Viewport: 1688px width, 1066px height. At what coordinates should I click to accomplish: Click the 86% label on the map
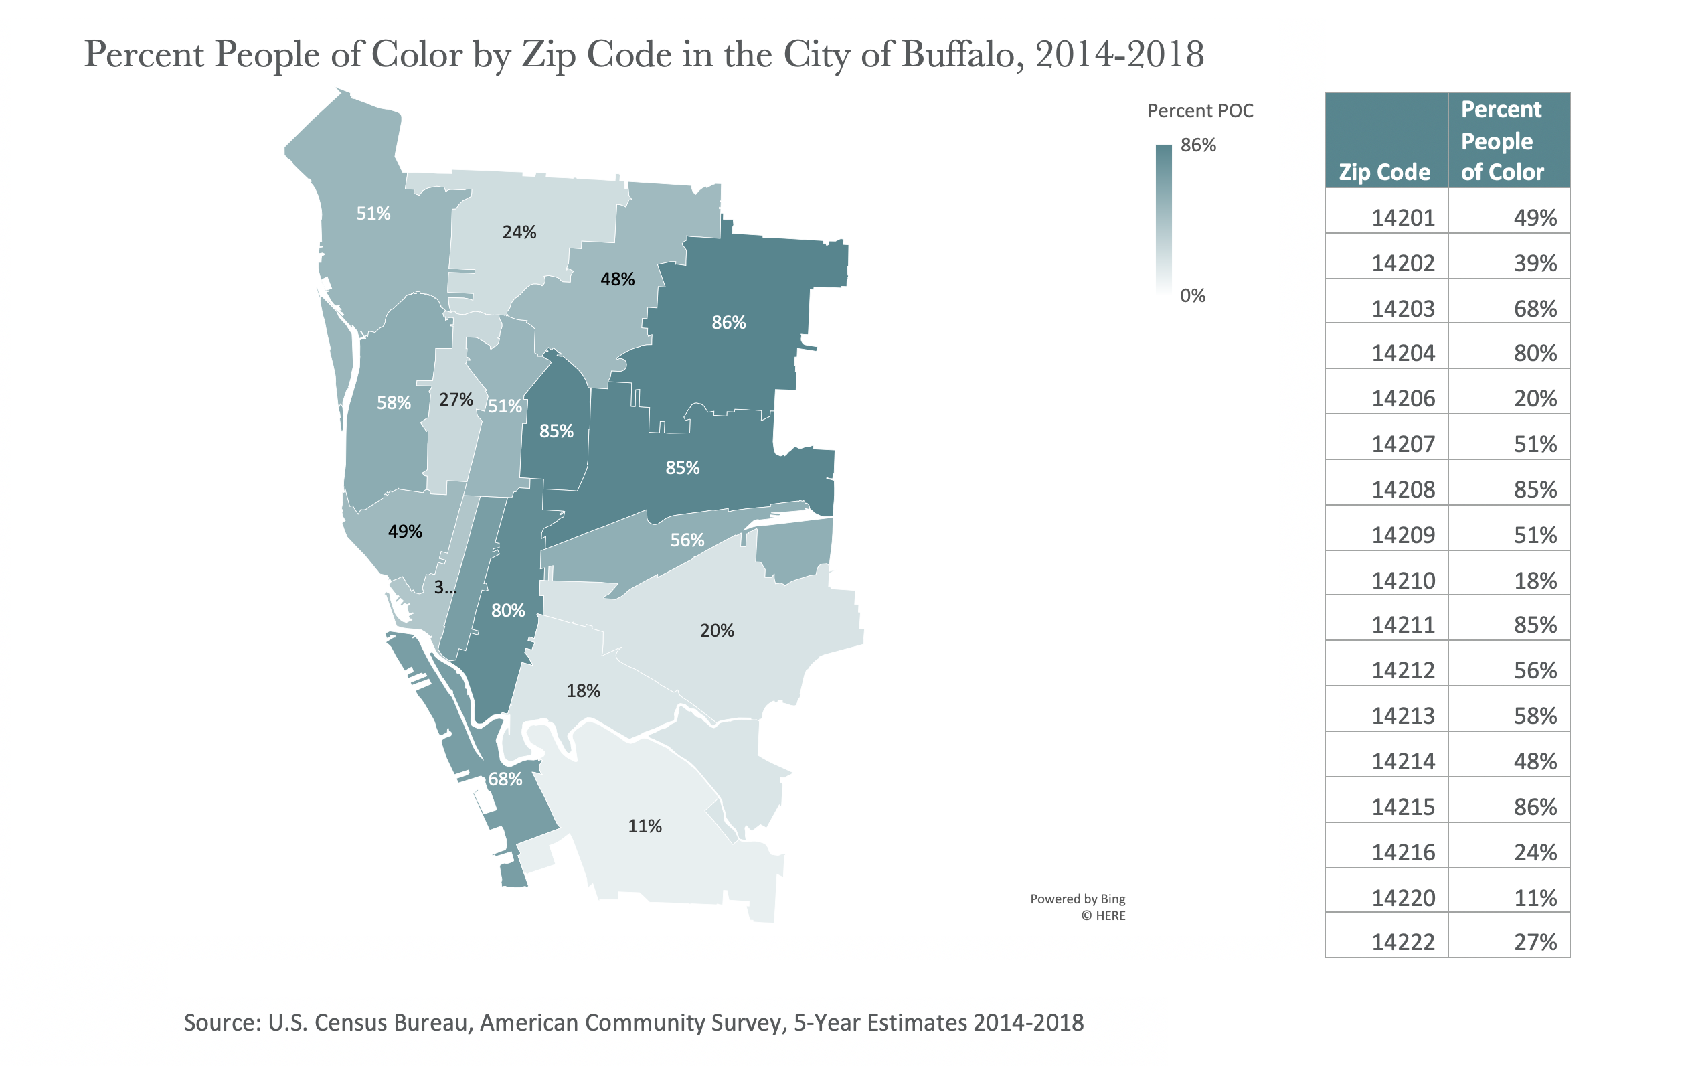(x=728, y=323)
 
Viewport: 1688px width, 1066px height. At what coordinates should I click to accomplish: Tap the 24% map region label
(x=519, y=232)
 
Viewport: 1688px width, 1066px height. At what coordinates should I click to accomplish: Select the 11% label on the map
(x=645, y=826)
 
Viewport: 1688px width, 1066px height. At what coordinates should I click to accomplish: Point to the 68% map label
(x=505, y=779)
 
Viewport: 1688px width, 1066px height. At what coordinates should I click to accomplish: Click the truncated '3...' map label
(x=445, y=587)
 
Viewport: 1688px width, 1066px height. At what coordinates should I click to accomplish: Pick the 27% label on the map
(x=456, y=400)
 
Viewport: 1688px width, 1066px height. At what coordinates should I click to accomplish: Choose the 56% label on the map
(x=687, y=540)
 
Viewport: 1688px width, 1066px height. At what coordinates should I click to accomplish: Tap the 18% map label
(x=583, y=691)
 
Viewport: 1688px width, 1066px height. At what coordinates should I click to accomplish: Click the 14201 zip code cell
(x=1403, y=218)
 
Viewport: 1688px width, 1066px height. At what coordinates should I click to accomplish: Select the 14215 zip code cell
(x=1403, y=808)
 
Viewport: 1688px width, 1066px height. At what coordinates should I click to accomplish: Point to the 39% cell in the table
(x=1535, y=264)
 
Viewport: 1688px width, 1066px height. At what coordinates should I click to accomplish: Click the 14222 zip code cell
(x=1403, y=943)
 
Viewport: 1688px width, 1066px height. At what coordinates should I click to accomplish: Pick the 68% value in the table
(x=1535, y=309)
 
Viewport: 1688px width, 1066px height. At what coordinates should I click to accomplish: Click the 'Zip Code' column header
(x=1385, y=172)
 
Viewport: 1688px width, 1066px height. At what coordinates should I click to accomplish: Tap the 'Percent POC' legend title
(x=1200, y=110)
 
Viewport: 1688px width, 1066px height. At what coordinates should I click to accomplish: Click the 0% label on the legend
(x=1193, y=295)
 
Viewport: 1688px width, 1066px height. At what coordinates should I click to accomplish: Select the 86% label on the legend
(x=1198, y=145)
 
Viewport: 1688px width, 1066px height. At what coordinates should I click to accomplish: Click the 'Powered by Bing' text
(x=1078, y=899)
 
